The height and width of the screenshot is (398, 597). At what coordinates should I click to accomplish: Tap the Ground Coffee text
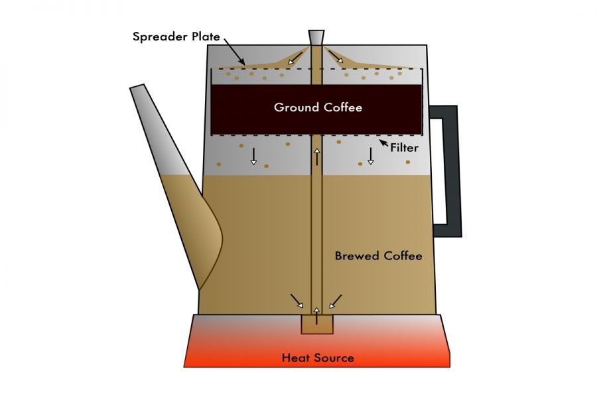tap(318, 107)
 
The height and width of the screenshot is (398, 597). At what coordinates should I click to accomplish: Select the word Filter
tap(404, 147)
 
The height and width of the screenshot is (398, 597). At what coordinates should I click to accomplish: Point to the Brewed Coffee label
tap(378, 255)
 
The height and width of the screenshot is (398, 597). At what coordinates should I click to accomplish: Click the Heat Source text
tap(318, 358)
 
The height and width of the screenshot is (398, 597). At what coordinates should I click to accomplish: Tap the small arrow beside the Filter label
tap(383, 142)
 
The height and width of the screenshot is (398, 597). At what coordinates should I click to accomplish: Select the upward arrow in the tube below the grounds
tap(318, 157)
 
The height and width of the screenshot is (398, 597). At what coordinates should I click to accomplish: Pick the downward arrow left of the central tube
tap(253, 156)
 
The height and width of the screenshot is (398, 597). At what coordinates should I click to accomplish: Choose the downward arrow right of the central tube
tap(371, 156)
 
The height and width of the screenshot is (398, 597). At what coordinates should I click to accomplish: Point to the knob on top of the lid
tap(317, 37)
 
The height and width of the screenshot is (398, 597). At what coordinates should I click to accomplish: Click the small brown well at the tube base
tap(317, 324)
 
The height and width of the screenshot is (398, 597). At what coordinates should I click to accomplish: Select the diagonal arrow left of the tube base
tap(297, 301)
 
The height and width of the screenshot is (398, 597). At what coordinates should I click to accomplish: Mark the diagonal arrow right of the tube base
tap(336, 301)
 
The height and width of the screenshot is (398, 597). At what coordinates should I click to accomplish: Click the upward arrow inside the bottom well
tap(317, 316)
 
